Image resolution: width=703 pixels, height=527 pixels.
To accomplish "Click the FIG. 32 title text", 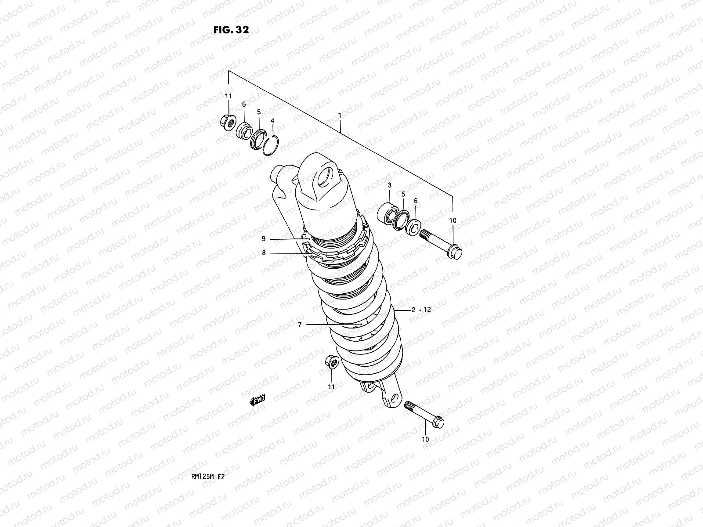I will click(231, 30).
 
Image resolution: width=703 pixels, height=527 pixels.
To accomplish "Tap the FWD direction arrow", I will click(257, 400).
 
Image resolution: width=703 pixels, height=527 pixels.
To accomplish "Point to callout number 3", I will click(389, 186).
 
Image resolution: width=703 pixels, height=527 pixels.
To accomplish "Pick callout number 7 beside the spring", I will click(300, 325).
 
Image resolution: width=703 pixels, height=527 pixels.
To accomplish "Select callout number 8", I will click(264, 253).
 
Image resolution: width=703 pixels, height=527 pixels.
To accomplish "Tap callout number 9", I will click(264, 239).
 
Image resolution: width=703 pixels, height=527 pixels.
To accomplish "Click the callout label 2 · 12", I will click(421, 310).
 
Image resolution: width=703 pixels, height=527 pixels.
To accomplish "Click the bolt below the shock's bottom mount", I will click(424, 413).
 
